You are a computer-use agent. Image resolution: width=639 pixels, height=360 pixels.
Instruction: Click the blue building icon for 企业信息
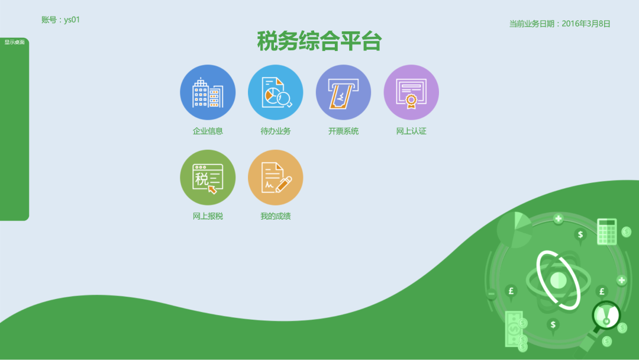point(208,92)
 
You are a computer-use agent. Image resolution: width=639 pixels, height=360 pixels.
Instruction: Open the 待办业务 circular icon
point(276,92)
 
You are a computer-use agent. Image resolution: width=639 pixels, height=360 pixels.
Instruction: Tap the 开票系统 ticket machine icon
point(344,92)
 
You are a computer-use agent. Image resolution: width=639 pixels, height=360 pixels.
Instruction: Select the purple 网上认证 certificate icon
point(411,92)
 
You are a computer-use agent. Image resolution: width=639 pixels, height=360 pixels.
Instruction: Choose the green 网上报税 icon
point(208,178)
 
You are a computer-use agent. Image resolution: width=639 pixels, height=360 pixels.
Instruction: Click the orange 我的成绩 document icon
point(276,178)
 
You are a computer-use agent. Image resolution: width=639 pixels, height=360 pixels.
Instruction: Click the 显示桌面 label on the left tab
point(14,42)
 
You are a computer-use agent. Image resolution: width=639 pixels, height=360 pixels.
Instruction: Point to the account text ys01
point(72,20)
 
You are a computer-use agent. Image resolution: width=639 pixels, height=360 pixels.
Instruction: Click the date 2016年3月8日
point(586,24)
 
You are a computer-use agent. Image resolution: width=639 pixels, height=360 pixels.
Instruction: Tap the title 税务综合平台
point(319,41)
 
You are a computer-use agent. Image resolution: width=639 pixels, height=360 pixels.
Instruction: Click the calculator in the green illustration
point(607,231)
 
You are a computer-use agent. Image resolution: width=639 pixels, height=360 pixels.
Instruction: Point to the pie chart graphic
point(514,230)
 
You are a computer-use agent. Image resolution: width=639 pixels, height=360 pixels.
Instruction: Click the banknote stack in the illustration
point(514,329)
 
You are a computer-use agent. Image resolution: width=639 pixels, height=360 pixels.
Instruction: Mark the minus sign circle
point(492,294)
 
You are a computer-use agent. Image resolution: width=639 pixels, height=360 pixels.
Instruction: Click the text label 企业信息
point(208,131)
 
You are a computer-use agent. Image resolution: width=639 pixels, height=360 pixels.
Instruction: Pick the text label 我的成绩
point(276,216)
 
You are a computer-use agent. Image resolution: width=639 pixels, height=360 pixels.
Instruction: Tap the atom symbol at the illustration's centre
point(559,281)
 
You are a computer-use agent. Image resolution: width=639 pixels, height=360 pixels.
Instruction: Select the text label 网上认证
point(411,131)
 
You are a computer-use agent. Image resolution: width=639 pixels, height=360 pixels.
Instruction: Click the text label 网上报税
point(208,216)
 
